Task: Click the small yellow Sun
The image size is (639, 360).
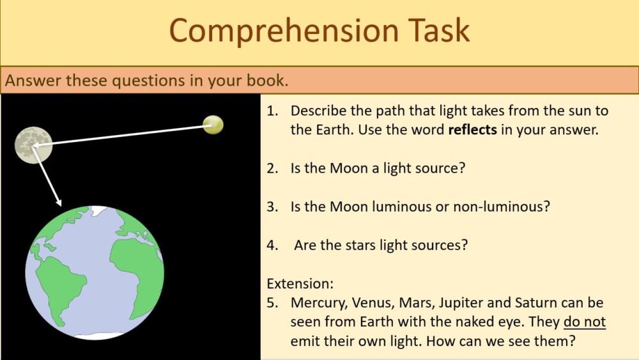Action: pyautogui.click(x=213, y=125)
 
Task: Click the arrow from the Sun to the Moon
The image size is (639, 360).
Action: pyautogui.click(x=121, y=135)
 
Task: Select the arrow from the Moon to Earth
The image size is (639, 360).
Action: pyautogui.click(x=48, y=176)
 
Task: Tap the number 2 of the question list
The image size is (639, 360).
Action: pyautogui.click(x=272, y=168)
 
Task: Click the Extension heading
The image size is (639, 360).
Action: pyautogui.click(x=300, y=283)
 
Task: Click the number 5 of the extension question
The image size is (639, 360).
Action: pyautogui.click(x=271, y=302)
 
